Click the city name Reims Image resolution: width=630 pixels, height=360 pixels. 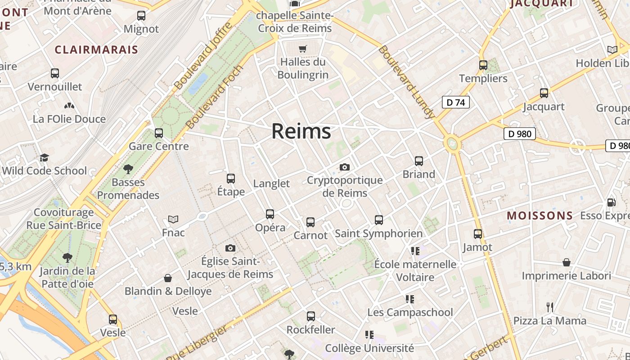(301, 131)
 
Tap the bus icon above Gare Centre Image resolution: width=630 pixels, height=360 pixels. (158, 133)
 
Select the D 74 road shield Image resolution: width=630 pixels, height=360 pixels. (455, 103)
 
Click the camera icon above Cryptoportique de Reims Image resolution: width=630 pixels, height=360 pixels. (345, 167)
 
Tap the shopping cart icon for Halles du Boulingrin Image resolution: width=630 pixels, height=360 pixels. (303, 48)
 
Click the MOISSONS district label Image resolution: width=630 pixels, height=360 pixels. (540, 216)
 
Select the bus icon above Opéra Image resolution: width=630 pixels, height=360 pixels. (270, 214)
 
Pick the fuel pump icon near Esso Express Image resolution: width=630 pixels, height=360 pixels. (611, 202)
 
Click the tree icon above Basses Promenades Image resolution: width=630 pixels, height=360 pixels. (128, 169)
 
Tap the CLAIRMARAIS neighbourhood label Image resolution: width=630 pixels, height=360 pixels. (96, 49)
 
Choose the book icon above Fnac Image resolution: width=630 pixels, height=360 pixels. (173, 219)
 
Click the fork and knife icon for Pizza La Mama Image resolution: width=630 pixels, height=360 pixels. (549, 307)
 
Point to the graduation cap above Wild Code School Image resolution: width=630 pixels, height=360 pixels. (44, 157)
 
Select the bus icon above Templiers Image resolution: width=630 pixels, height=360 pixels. (483, 65)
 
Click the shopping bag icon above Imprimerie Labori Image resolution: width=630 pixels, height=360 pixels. (567, 262)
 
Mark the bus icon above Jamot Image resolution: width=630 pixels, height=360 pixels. (477, 234)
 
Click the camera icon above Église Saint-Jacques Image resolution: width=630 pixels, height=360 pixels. (230, 248)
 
